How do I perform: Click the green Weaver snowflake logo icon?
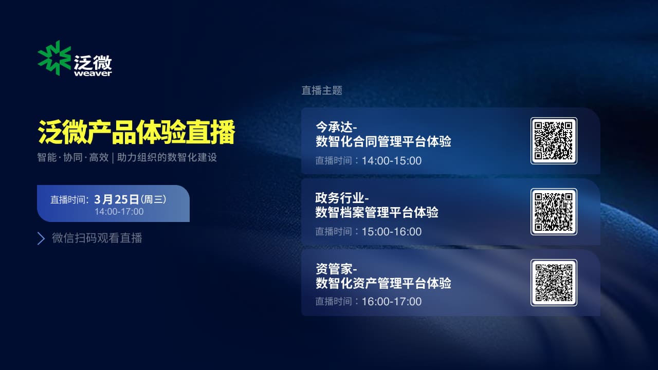click(x=54, y=58)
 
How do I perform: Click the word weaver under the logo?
click(x=93, y=73)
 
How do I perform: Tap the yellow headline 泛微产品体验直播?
click(x=136, y=132)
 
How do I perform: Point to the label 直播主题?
click(x=322, y=90)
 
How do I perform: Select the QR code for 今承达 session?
click(x=554, y=141)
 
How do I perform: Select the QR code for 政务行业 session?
click(x=554, y=211)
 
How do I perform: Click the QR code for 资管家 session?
click(x=554, y=283)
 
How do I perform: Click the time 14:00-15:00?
click(x=392, y=161)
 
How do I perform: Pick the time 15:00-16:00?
click(x=392, y=232)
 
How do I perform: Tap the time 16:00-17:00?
click(x=392, y=302)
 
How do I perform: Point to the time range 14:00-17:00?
click(x=119, y=211)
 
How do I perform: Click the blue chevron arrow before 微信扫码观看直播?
click(x=41, y=238)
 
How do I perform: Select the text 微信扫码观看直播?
click(x=97, y=238)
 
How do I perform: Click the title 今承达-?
click(x=336, y=127)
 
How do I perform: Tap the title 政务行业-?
click(x=342, y=198)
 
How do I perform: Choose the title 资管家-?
click(x=336, y=269)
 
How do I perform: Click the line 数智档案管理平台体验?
click(x=377, y=212)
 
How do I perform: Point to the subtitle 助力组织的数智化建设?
click(x=167, y=157)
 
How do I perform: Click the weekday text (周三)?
click(x=154, y=200)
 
